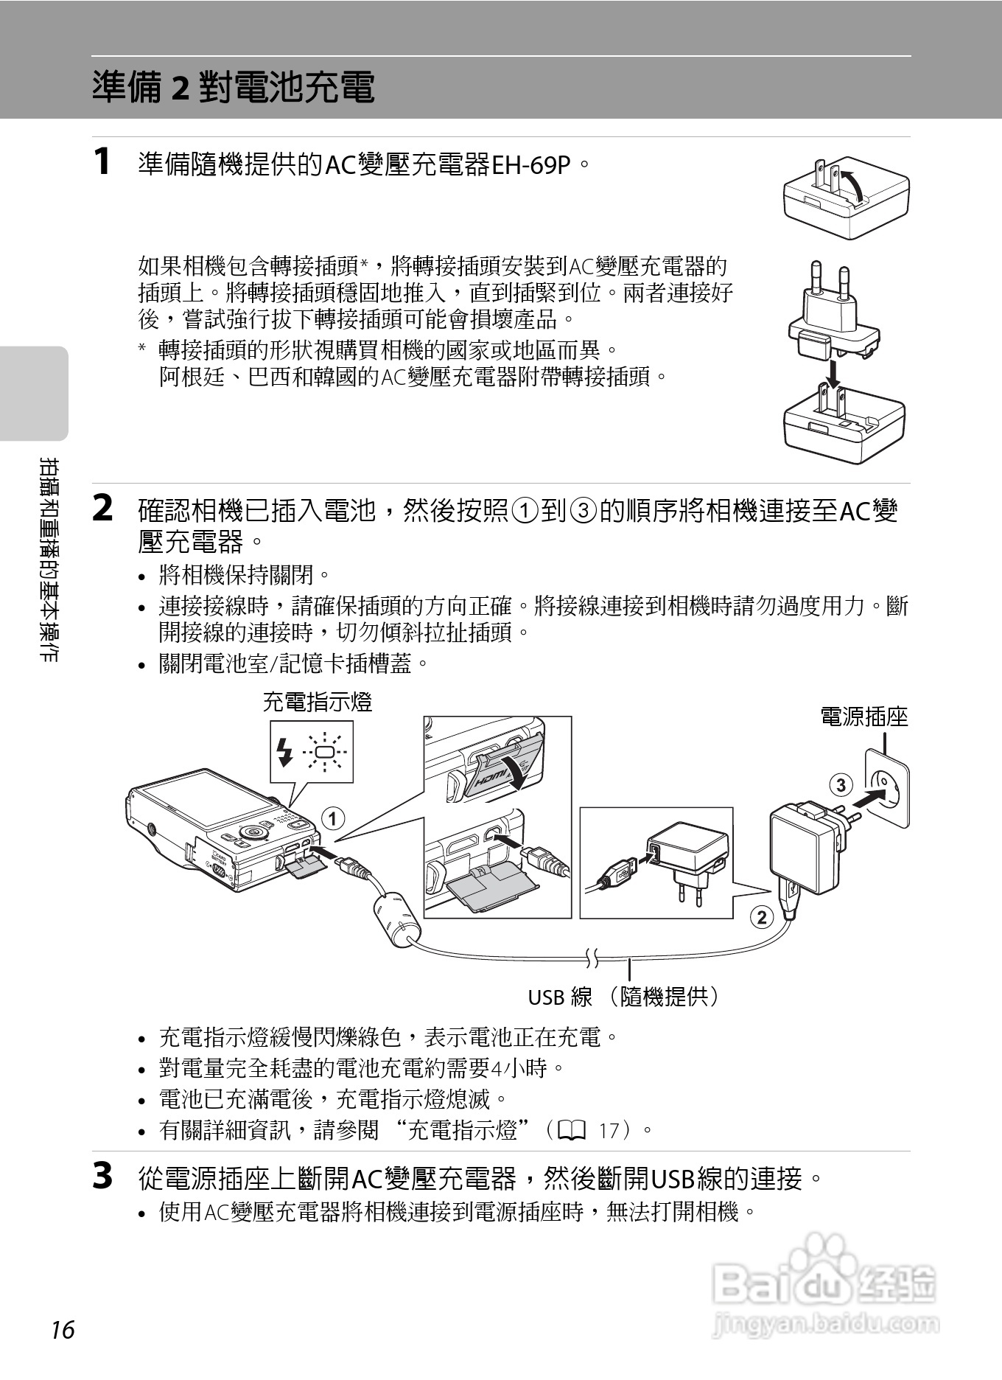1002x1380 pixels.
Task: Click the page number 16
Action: click(63, 1330)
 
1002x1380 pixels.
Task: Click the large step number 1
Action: click(103, 162)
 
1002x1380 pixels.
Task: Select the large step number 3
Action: click(103, 1177)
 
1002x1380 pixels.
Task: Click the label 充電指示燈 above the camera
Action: click(318, 702)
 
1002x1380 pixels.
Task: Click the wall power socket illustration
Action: click(886, 787)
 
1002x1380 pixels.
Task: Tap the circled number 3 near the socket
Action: click(841, 784)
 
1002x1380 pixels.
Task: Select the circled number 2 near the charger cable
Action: click(761, 917)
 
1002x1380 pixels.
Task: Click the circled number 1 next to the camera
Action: click(333, 818)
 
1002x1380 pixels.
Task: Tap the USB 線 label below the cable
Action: click(560, 997)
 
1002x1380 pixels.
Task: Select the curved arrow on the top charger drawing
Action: click(855, 184)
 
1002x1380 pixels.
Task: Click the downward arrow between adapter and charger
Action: click(833, 373)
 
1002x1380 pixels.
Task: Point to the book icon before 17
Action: click(572, 1130)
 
